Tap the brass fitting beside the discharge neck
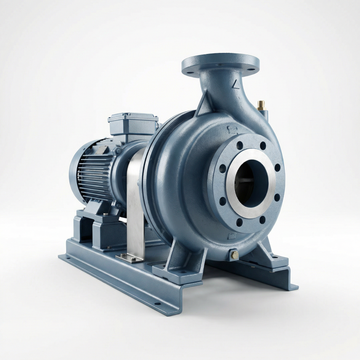tap(261, 105)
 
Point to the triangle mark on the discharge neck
tap(236, 82)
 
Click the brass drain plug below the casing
tap(234, 255)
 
